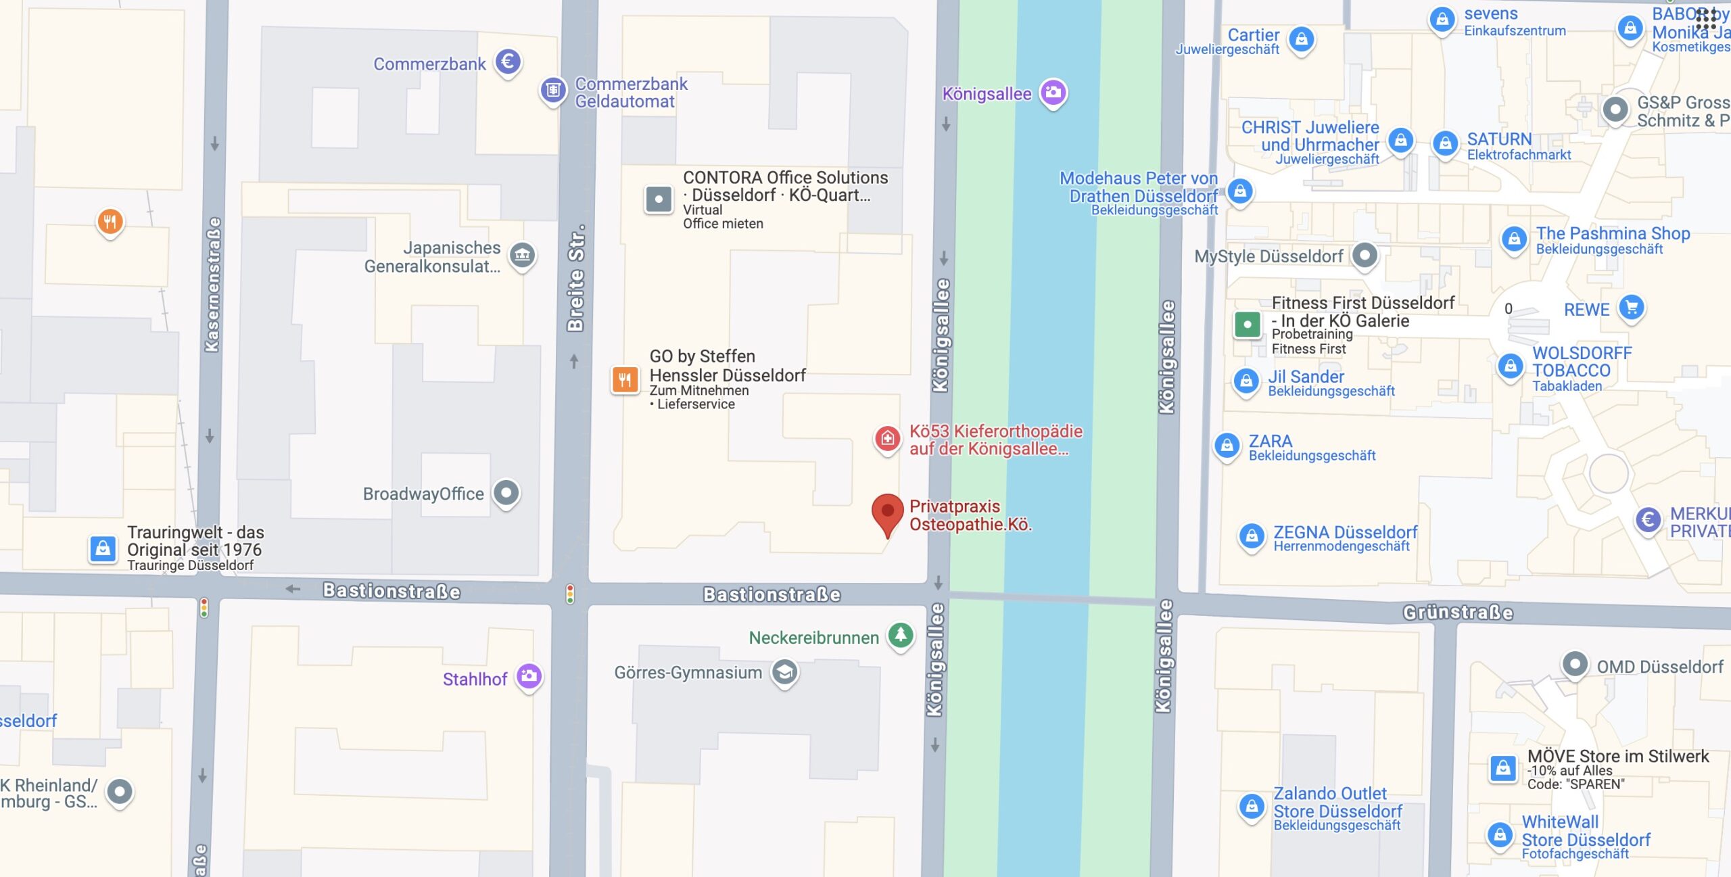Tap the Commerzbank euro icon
tap(508, 62)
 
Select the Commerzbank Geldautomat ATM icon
tap(552, 90)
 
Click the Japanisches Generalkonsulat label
tap(433, 257)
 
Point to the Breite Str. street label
tap(575, 279)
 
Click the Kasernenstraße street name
tap(212, 284)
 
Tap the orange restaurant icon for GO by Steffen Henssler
tap(625, 379)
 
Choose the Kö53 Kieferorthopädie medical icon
tap(887, 439)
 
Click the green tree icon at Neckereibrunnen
tap(901, 635)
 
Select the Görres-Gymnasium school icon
tap(784, 672)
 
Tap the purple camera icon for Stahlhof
tap(529, 675)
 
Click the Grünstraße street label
tap(1458, 613)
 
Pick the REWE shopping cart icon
tap(1631, 308)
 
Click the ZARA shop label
tap(1270, 441)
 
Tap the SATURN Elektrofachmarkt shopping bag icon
tap(1445, 143)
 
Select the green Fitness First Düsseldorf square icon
tap(1247, 325)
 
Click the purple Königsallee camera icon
tap(1053, 93)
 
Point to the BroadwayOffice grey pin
tap(506, 492)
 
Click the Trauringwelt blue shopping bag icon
tap(103, 548)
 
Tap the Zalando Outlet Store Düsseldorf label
tap(1337, 802)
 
